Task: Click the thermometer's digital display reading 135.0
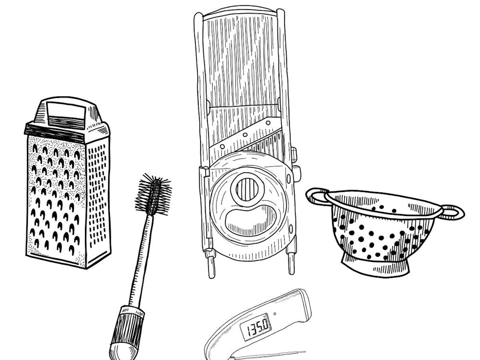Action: coord(258,327)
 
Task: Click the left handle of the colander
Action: coord(317,196)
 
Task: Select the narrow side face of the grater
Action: coord(98,197)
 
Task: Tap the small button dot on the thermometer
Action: coord(275,315)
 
